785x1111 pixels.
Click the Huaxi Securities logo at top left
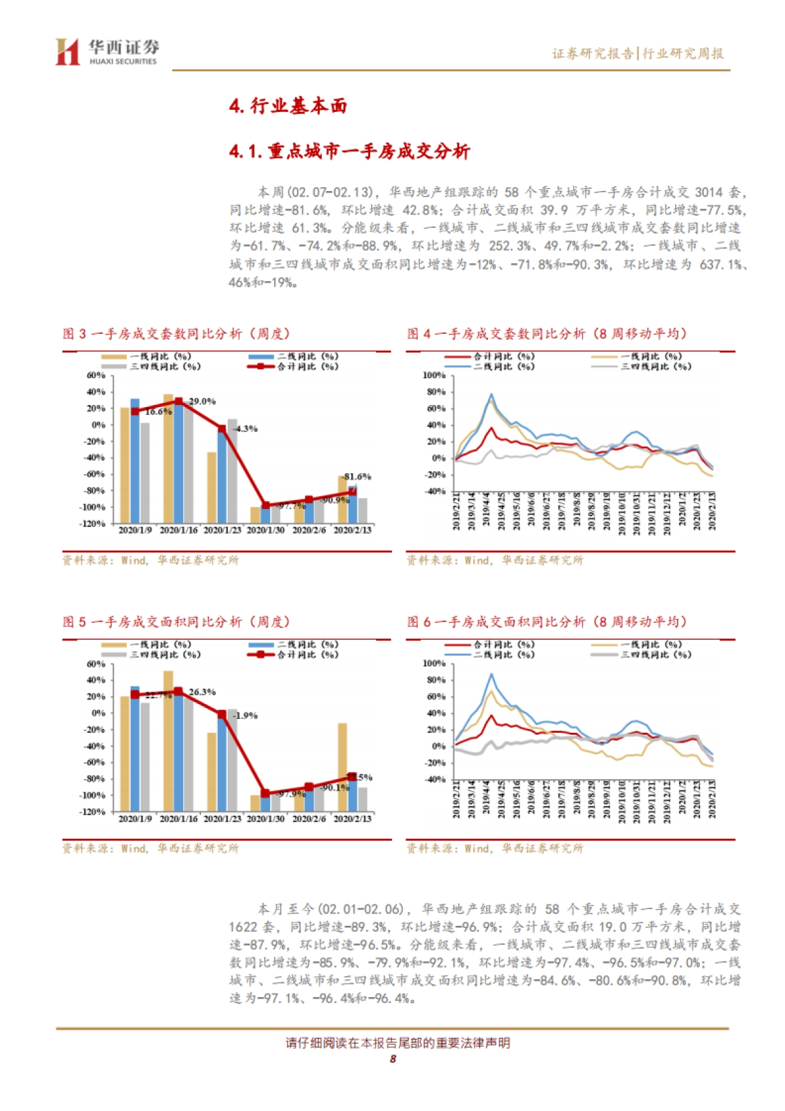pyautogui.click(x=107, y=52)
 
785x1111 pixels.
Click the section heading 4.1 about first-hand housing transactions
pyautogui.click(x=349, y=152)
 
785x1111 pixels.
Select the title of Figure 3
pyautogui.click(x=176, y=334)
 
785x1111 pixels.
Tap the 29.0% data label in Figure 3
pyautogui.click(x=202, y=401)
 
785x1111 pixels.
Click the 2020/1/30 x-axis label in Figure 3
pyautogui.click(x=266, y=530)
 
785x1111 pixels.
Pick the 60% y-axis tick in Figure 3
pyautogui.click(x=96, y=376)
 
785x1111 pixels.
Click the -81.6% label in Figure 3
pyautogui.click(x=357, y=476)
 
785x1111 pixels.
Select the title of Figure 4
pyautogui.click(x=547, y=334)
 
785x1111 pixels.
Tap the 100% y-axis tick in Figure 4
pyautogui.click(x=434, y=376)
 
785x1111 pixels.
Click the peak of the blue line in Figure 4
pyautogui.click(x=491, y=395)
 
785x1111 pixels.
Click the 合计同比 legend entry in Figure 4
pyautogui.click(x=504, y=357)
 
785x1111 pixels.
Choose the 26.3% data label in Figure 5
pyautogui.click(x=202, y=692)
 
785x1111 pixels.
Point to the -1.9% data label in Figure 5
pyautogui.click(x=245, y=715)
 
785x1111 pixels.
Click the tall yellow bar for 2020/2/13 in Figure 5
pyautogui.click(x=342, y=766)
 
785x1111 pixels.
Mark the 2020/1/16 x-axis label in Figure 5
pyautogui.click(x=179, y=819)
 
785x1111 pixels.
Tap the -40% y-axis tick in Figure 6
pyautogui.click(x=435, y=779)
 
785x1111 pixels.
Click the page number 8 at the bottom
pyautogui.click(x=392, y=1059)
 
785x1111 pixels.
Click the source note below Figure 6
pyautogui.click(x=495, y=849)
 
